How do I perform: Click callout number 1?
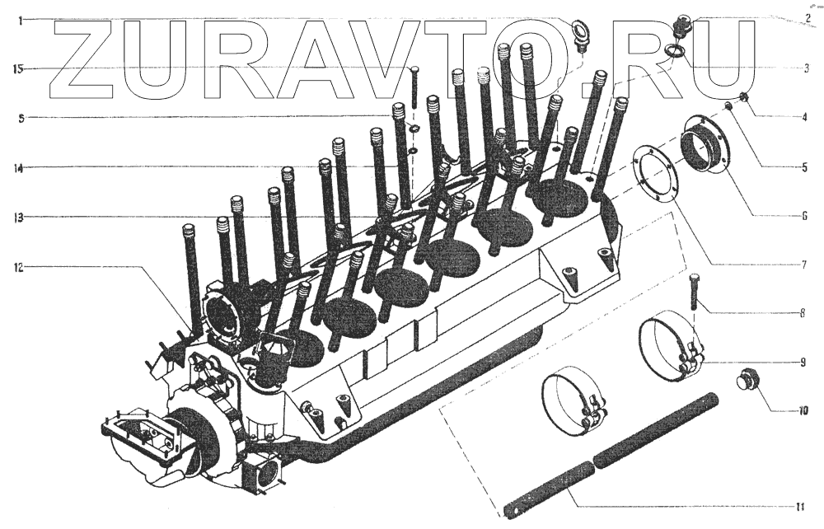pyautogui.click(x=20, y=21)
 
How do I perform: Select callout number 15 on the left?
pyautogui.click(x=19, y=69)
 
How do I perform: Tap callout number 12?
pyautogui.click(x=19, y=268)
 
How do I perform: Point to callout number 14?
pyautogui.click(x=19, y=169)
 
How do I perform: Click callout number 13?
pyautogui.click(x=19, y=218)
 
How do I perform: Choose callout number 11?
pyautogui.click(x=800, y=507)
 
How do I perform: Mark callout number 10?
pyautogui.click(x=803, y=411)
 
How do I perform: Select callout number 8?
pyautogui.click(x=803, y=314)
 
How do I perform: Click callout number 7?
pyautogui.click(x=804, y=264)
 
